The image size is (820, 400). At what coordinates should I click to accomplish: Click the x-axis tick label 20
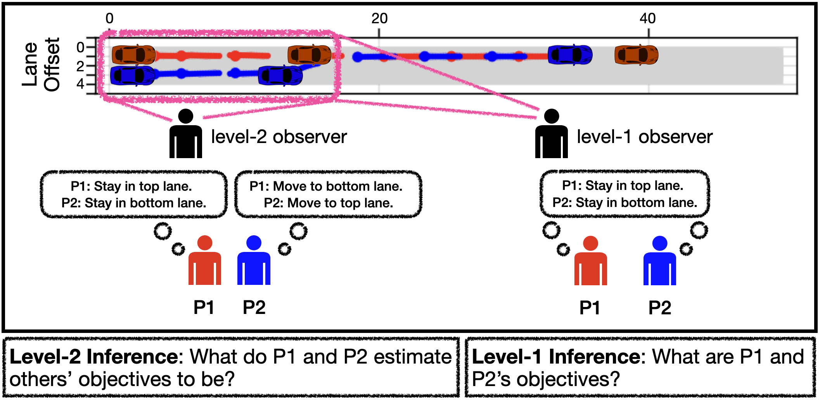tap(379, 18)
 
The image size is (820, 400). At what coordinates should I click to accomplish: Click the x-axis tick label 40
tap(647, 18)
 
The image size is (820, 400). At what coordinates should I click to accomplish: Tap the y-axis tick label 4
tap(80, 84)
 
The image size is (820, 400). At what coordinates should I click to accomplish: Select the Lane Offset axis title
tap(40, 64)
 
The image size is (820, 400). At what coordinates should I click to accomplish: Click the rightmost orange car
tap(636, 55)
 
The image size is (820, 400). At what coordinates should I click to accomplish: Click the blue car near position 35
tap(569, 55)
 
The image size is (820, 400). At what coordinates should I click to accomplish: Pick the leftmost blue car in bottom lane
tap(132, 76)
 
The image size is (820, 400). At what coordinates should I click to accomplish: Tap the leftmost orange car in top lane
tap(133, 55)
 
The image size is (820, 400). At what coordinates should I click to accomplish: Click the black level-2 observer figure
tap(185, 134)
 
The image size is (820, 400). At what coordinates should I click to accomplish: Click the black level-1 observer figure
tap(551, 134)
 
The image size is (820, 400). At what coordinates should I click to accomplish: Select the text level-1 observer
tap(644, 137)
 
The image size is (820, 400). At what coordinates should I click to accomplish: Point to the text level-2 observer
tap(279, 137)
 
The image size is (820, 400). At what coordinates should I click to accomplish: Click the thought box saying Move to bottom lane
tap(328, 194)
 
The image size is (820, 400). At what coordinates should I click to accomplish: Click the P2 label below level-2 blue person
tap(254, 308)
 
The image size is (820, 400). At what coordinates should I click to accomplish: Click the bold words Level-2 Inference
tap(95, 357)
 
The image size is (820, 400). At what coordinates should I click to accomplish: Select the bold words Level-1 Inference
tap(557, 357)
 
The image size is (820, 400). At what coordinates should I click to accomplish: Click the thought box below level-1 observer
tap(625, 194)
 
